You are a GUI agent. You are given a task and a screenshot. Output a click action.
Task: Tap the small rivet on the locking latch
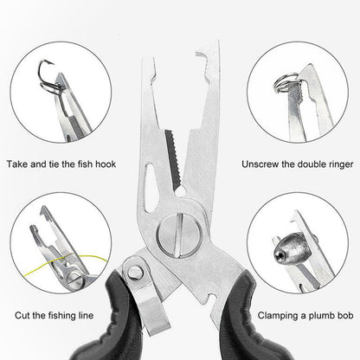[134, 272]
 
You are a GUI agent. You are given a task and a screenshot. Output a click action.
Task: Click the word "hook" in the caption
[106, 164]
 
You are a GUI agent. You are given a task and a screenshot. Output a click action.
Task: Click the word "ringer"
[341, 164]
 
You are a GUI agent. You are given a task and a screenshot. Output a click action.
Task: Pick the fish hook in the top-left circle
[48, 76]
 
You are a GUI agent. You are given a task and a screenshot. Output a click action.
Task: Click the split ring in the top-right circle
[284, 83]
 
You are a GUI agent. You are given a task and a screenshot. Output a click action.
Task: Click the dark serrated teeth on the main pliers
[173, 158]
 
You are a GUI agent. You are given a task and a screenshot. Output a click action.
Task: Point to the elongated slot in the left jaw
[151, 188]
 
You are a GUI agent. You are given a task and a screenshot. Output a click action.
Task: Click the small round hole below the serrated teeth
[181, 190]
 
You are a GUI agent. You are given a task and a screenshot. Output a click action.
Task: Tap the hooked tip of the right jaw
[202, 55]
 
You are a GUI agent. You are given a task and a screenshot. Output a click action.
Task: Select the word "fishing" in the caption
[61, 316]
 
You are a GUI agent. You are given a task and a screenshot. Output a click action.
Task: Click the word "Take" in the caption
[17, 164]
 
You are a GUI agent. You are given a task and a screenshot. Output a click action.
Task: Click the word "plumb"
[320, 316]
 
